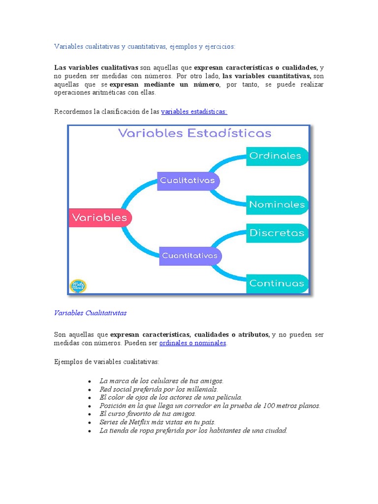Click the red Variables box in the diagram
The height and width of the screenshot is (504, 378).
click(x=100, y=218)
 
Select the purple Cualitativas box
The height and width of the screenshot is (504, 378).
click(x=188, y=181)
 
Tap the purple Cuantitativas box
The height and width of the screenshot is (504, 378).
click(x=190, y=256)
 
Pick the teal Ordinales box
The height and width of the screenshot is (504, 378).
click(x=276, y=156)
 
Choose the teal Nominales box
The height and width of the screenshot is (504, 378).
click(x=277, y=204)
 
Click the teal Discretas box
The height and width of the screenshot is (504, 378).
click(x=277, y=233)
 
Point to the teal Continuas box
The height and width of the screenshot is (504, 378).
click(x=277, y=283)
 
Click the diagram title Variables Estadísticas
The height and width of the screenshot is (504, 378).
click(x=194, y=133)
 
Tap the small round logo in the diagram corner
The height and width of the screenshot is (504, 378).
click(x=78, y=286)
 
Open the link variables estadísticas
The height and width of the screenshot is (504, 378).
click(x=194, y=112)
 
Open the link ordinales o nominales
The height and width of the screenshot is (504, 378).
click(x=192, y=343)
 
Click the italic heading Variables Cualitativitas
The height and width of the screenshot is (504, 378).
click(x=90, y=313)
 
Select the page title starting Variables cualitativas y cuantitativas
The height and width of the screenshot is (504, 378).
click(x=145, y=46)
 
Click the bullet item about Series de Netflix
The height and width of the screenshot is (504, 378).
click(x=157, y=422)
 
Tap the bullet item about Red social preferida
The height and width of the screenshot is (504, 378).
click(x=158, y=389)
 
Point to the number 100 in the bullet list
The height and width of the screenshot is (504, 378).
click(x=269, y=406)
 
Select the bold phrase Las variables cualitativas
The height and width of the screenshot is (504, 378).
click(x=96, y=67)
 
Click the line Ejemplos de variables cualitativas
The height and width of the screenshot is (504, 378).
click(x=106, y=362)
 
